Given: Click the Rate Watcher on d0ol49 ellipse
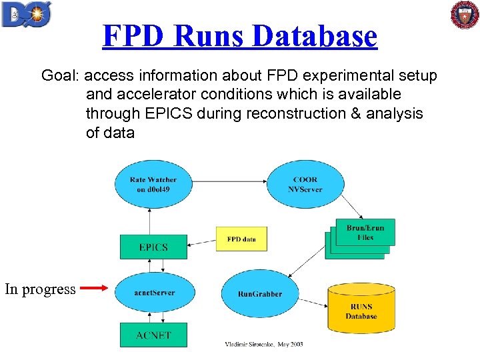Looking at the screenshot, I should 153,184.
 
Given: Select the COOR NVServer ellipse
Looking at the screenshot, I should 305,184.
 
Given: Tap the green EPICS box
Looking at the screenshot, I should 153,247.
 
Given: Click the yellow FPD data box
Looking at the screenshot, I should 241,239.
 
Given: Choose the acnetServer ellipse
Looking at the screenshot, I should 154,293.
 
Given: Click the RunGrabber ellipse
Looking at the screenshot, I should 259,293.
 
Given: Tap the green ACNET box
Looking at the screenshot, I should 153,335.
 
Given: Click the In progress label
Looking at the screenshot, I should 40,289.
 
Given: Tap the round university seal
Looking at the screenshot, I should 464,15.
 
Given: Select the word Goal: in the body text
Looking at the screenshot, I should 61,76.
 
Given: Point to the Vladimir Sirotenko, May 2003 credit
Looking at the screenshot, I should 263,344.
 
